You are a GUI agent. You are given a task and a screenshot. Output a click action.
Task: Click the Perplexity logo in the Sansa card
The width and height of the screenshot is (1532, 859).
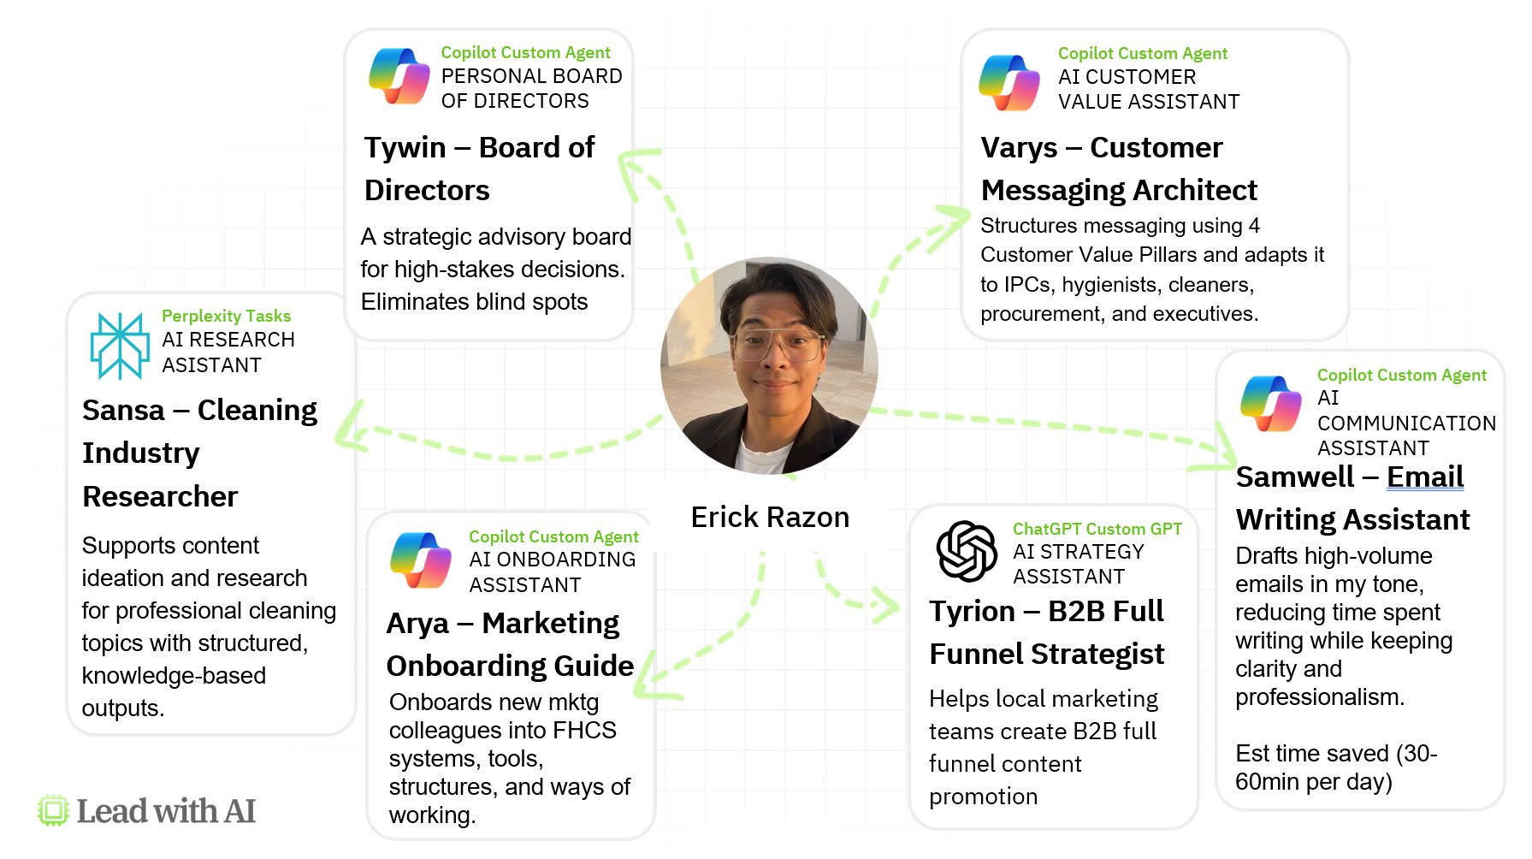tap(120, 346)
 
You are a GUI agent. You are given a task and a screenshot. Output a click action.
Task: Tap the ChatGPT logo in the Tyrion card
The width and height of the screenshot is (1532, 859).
tap(967, 551)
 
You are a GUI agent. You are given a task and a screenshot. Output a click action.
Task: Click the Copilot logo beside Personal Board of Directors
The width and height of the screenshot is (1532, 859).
tap(399, 76)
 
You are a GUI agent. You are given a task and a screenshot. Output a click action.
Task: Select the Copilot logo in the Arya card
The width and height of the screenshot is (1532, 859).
tap(421, 560)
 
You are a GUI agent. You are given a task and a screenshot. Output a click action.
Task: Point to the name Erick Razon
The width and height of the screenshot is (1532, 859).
tap(770, 517)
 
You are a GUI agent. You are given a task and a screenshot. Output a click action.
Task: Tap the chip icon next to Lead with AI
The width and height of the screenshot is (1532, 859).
tap(53, 810)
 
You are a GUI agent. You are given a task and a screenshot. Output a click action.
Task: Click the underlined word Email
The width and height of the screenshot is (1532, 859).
tap(1425, 477)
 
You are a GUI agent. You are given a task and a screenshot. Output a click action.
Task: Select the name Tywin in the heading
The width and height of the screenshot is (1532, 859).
tap(405, 147)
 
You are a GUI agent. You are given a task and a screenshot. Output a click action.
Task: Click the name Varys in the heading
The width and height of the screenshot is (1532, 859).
tap(1019, 148)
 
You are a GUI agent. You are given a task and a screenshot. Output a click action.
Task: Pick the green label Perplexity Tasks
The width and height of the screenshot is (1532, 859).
tap(226, 317)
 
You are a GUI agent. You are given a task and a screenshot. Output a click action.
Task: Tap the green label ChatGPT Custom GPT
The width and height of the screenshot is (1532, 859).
tap(1097, 529)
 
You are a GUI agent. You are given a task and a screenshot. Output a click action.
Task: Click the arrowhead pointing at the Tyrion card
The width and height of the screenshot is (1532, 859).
tap(884, 605)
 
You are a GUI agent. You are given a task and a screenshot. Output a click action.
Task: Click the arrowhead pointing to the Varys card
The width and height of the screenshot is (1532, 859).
tap(951, 224)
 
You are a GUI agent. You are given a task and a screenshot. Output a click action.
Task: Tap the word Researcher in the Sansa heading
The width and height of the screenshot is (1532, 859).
tap(160, 496)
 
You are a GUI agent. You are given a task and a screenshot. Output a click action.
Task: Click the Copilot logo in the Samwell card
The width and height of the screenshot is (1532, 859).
tap(1271, 404)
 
